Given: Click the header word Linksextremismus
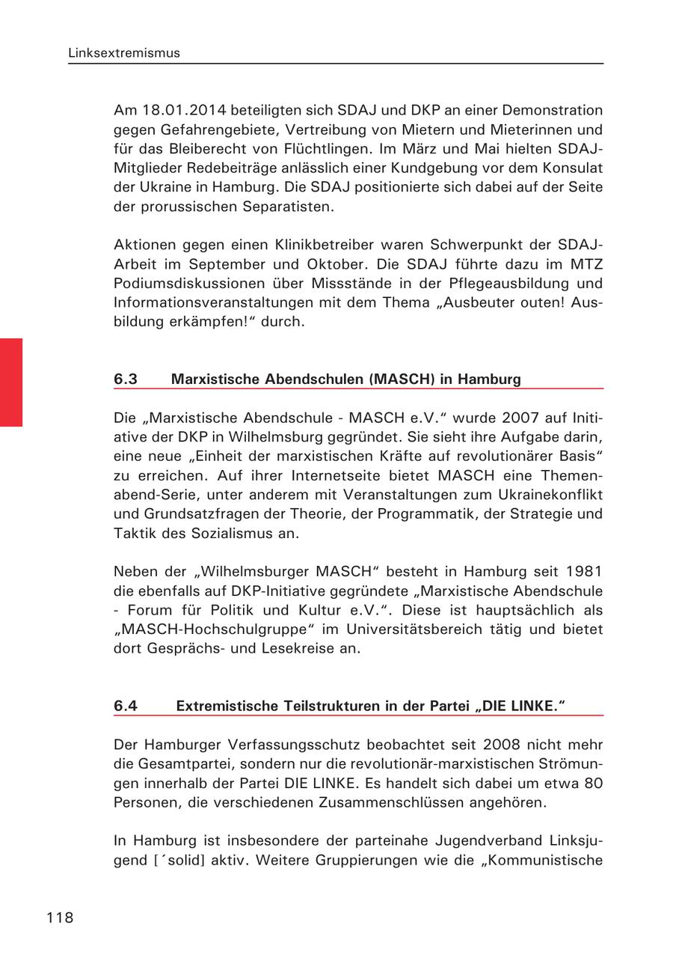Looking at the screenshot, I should click(x=124, y=53).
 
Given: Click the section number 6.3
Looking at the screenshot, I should click(x=126, y=379).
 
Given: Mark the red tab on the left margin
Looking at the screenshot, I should click(x=11, y=382).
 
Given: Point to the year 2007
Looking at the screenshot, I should click(x=505, y=417).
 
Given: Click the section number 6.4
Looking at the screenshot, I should click(x=126, y=706).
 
